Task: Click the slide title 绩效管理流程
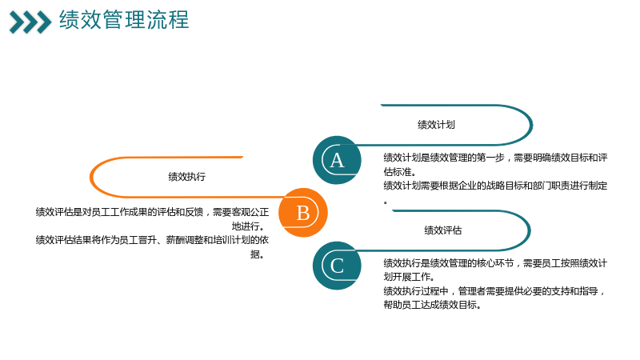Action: (x=124, y=19)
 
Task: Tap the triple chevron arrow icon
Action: (x=30, y=22)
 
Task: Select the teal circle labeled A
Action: (x=337, y=160)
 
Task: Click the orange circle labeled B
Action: (x=303, y=212)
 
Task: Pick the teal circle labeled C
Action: (x=337, y=266)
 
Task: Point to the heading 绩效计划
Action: (x=436, y=125)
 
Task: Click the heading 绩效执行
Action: (x=187, y=177)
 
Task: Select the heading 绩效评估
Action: (x=443, y=230)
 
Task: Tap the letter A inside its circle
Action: (x=337, y=161)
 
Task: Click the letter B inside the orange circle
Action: (x=303, y=213)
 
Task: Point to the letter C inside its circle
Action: (x=337, y=266)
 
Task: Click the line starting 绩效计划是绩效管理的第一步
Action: (x=495, y=158)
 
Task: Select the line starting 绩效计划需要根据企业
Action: (x=495, y=186)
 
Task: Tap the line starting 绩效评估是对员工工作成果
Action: (x=152, y=212)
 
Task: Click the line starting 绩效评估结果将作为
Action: (x=152, y=240)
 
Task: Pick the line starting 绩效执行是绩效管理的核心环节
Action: (x=495, y=263)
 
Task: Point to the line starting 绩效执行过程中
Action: (x=494, y=291)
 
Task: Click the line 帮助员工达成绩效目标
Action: (x=432, y=305)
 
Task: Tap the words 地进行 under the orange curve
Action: (x=248, y=226)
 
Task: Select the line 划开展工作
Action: (x=409, y=277)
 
